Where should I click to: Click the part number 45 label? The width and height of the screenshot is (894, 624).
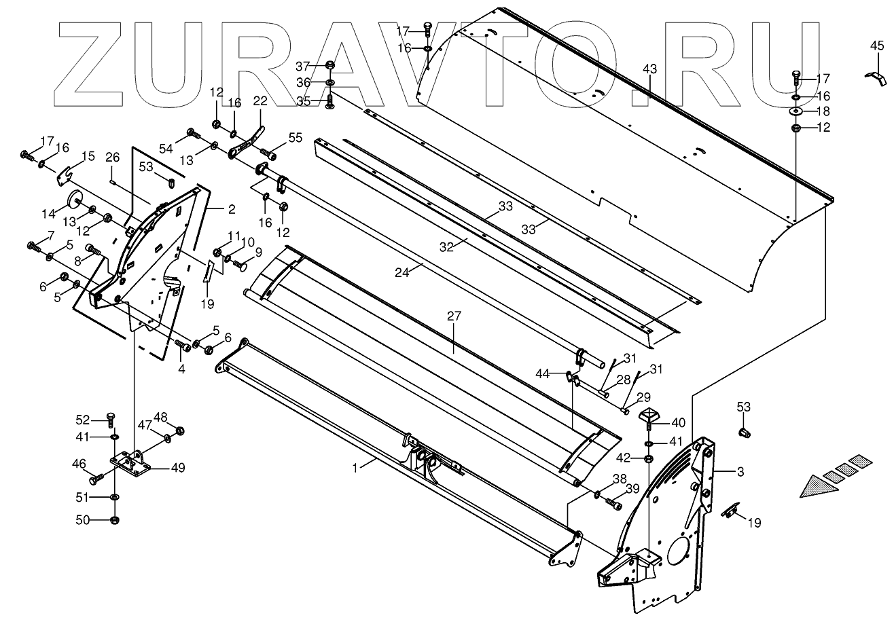(877, 47)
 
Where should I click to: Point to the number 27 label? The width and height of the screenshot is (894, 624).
(454, 316)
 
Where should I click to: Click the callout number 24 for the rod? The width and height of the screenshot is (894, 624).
(402, 272)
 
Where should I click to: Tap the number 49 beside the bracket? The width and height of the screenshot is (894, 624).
(178, 467)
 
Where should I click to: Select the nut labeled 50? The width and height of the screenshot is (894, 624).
(114, 520)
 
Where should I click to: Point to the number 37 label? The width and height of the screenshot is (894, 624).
(302, 66)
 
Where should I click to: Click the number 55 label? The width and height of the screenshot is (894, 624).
(295, 137)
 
